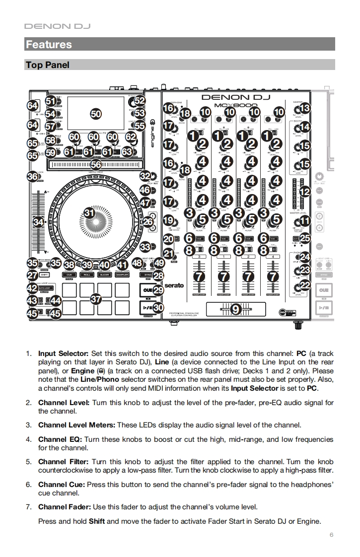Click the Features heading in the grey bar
point(49,44)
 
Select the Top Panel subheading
point(47,65)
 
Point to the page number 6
point(331,535)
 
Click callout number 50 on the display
point(95,114)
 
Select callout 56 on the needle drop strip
point(95,165)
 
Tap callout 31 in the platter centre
point(89,212)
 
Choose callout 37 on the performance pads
point(95,299)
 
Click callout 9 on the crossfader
point(234,309)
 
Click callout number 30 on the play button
point(158,308)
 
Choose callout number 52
point(140,100)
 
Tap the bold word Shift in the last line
point(97,521)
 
